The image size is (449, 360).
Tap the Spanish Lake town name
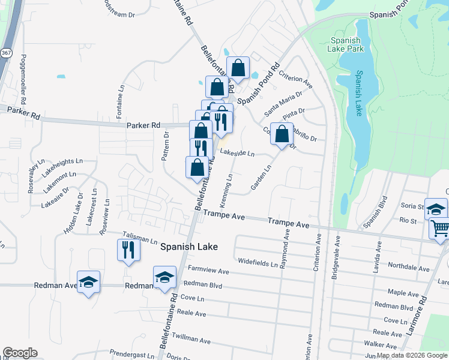188,247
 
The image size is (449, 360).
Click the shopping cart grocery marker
440,229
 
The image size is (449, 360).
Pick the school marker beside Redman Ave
89,282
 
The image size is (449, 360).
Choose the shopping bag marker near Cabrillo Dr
282,134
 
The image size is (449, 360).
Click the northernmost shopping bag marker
238,68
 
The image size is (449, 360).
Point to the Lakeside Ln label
237,154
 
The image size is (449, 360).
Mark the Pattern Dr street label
166,147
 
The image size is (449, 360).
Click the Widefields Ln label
258,262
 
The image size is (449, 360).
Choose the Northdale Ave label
409,268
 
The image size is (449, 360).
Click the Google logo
20,353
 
